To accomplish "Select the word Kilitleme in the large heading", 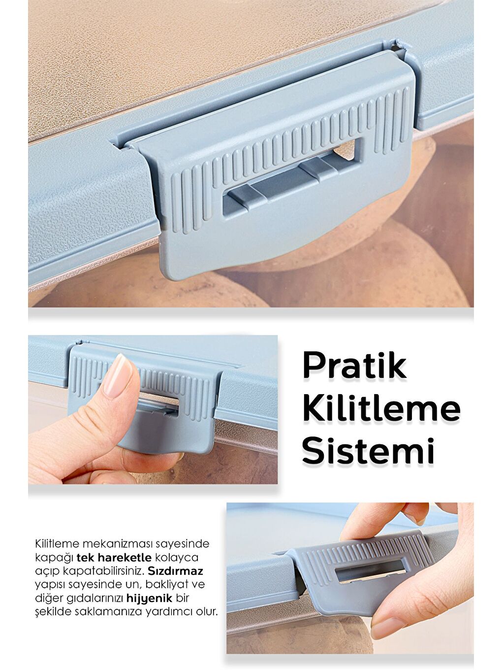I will [381, 408].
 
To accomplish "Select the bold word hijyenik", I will [150, 598].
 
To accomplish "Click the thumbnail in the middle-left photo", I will [118, 377].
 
